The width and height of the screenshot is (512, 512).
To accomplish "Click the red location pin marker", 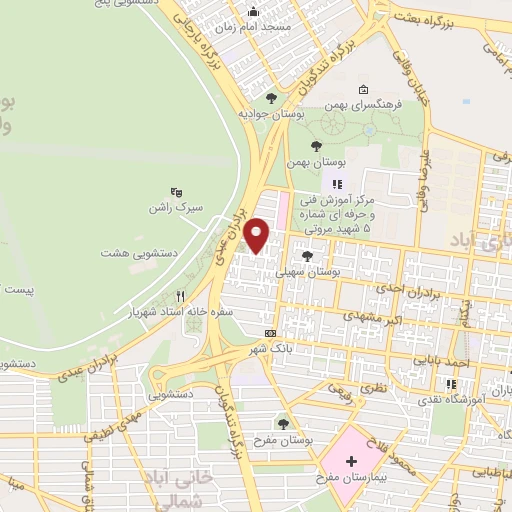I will coord(258,234).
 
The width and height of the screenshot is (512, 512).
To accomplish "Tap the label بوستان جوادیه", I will coord(270,115).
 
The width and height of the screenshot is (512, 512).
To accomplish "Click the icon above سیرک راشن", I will coord(177,192).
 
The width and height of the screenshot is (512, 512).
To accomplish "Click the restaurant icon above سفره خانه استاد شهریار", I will coord(181,295).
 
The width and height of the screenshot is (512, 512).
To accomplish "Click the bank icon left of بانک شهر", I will coord(270,333).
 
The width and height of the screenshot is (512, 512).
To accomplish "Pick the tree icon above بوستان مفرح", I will coord(283,421).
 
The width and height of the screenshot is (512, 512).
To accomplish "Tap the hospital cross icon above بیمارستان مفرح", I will coord(350,461).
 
